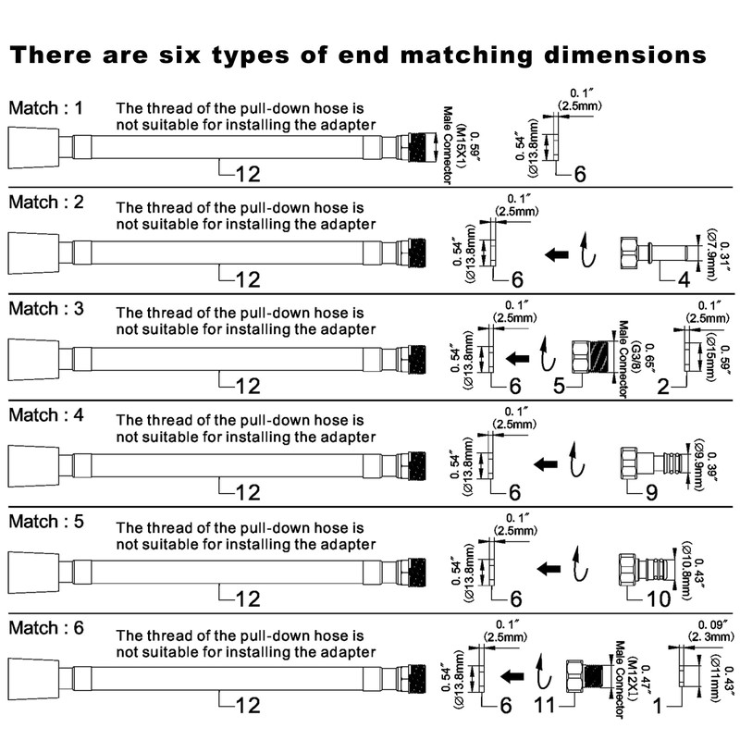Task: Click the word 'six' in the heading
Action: click(179, 55)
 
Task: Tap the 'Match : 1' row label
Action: click(45, 108)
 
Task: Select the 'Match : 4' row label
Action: click(45, 415)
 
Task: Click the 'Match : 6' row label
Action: click(45, 628)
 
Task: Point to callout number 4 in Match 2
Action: click(684, 279)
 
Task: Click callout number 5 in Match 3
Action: click(559, 386)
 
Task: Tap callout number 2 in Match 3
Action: click(663, 387)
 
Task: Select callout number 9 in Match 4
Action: click(651, 493)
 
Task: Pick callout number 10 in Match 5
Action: click(659, 598)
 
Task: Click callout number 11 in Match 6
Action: click(545, 706)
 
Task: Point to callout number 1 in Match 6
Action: click(657, 706)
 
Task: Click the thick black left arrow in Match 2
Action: click(557, 255)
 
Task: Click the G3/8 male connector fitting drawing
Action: click(591, 357)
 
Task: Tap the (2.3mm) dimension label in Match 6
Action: click(710, 637)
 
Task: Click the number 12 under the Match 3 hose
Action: click(248, 387)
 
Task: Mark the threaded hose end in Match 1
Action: click(417, 148)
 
